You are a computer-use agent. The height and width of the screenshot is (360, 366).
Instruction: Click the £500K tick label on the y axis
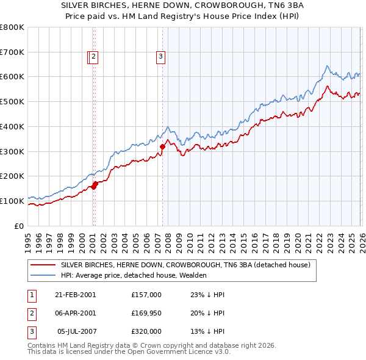(x=12, y=102)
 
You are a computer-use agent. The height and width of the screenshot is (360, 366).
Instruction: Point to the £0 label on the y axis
(x=18, y=226)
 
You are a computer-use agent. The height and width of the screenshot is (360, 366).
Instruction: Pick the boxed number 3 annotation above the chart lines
(x=161, y=57)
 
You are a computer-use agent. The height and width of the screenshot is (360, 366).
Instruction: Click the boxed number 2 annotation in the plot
(x=93, y=57)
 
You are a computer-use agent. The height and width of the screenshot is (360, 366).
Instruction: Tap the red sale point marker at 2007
(x=163, y=146)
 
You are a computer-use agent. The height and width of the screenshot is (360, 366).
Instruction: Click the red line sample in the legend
(x=43, y=265)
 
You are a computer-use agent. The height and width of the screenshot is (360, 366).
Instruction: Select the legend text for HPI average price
(x=134, y=275)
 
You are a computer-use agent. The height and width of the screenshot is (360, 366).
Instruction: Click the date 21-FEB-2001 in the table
(x=76, y=295)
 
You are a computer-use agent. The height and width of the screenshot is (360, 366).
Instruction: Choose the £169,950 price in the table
(x=146, y=313)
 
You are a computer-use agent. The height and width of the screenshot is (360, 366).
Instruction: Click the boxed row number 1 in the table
(x=32, y=295)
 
